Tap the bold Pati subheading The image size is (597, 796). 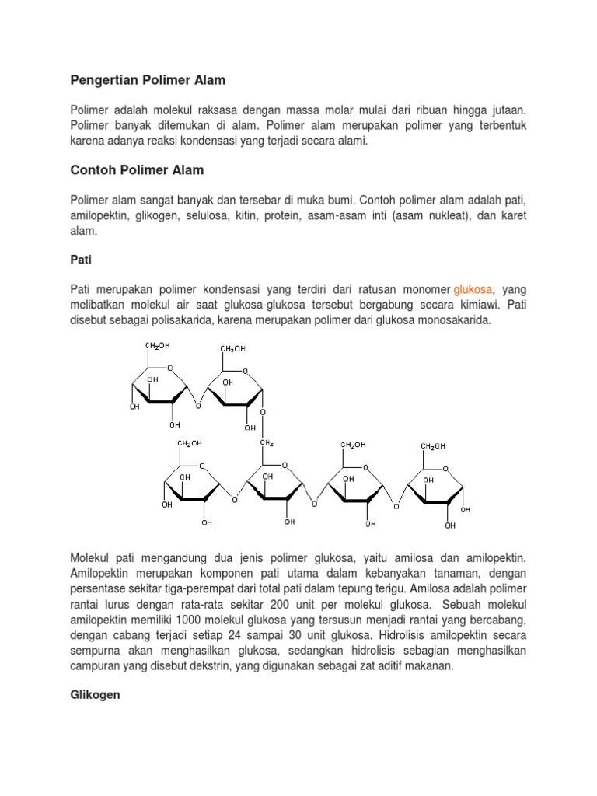point(80,260)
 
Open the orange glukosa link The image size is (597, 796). point(473,288)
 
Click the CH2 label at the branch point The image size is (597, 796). point(266,444)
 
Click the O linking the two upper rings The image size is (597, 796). point(199,406)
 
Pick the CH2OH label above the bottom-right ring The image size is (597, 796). point(434,445)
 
